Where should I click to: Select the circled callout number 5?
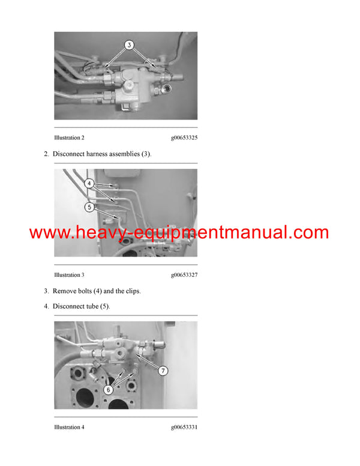click(89, 207)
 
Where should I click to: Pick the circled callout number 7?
click(163, 371)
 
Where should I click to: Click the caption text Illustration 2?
click(69, 138)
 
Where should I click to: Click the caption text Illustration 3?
click(69, 275)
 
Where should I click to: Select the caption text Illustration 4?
click(69, 427)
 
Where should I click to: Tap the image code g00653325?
click(184, 138)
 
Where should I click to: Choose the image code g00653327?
click(184, 275)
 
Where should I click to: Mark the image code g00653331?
click(184, 427)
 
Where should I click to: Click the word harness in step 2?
click(100, 154)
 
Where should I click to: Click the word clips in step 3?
click(131, 291)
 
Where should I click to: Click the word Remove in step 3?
click(65, 291)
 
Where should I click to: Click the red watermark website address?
click(179, 233)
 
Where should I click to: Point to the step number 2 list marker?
click(46, 154)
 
